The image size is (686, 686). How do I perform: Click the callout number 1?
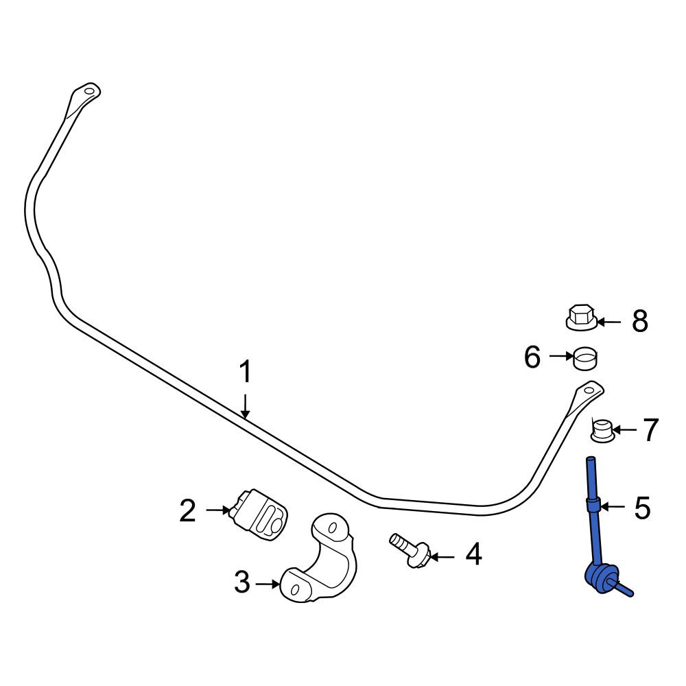246,372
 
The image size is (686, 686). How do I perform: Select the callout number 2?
188,510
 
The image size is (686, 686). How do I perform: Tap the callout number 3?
242,582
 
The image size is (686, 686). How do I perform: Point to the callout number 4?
474,554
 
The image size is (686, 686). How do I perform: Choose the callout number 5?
642,508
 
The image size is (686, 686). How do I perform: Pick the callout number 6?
532,357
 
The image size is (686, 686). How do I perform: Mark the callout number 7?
650,429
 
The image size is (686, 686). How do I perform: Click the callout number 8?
639,322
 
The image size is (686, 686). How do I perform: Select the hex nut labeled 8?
581,318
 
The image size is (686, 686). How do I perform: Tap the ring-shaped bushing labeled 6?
585,359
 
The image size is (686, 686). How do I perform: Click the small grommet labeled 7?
603,430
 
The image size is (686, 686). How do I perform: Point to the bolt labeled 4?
410,550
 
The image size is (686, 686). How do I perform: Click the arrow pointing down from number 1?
246,406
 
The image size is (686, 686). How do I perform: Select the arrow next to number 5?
613,507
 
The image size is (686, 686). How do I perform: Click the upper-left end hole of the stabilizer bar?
89,92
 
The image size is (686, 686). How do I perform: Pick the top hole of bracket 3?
333,527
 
